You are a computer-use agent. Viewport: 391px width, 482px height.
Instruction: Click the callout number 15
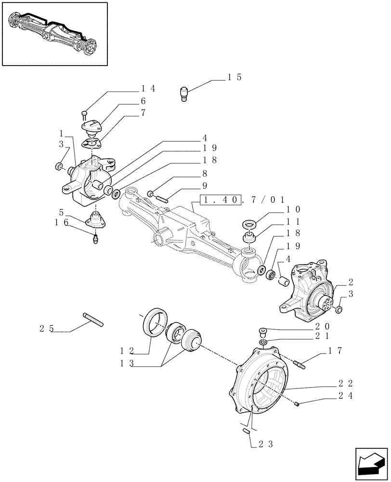coord(234,77)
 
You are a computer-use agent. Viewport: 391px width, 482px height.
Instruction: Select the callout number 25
coord(46,330)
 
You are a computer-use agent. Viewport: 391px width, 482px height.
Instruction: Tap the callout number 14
coord(148,89)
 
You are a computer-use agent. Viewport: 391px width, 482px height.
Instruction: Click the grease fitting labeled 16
coord(96,237)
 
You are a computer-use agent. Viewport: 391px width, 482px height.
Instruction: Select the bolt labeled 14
coord(84,115)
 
